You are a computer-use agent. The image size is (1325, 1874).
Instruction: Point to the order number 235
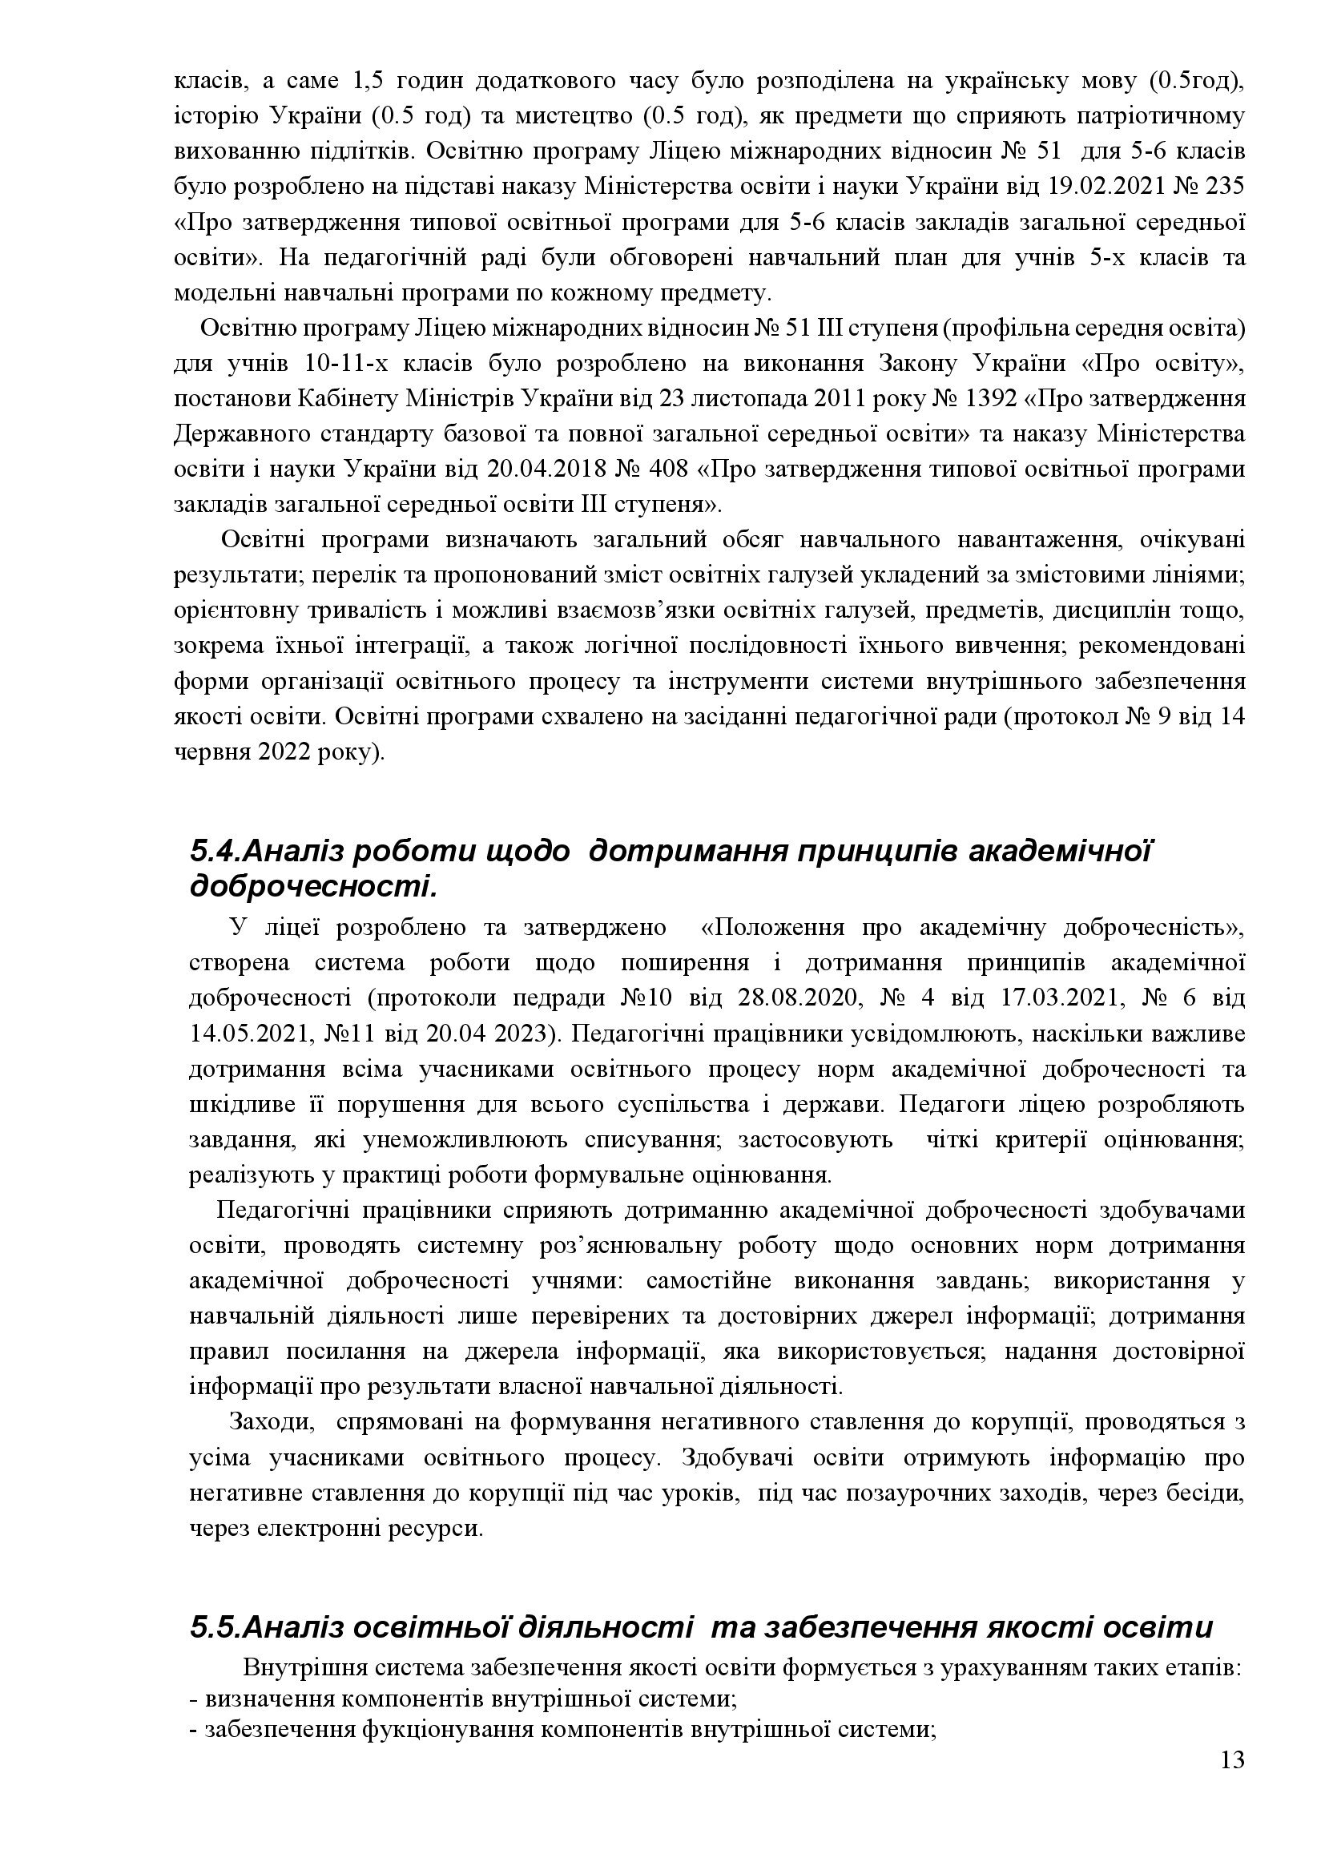pyautogui.click(x=1224, y=187)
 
